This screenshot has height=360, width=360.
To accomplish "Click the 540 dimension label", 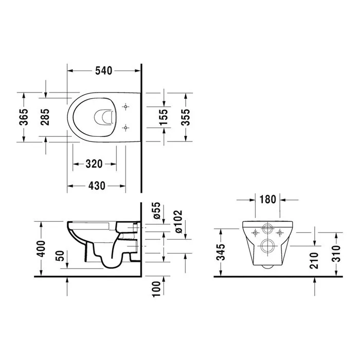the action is point(103,71).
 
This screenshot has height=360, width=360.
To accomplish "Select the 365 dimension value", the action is point(24,117).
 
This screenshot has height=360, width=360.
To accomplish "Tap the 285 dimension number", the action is point(45,117).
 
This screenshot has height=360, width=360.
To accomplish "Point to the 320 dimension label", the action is point(94,164).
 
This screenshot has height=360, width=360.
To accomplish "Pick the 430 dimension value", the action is point(97,186).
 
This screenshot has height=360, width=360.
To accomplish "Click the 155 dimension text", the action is point(164,117).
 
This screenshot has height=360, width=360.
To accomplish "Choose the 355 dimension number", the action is point(185,117).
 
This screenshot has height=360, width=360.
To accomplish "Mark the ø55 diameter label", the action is point(157,210).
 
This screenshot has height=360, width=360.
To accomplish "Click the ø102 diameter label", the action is point(178,221).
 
